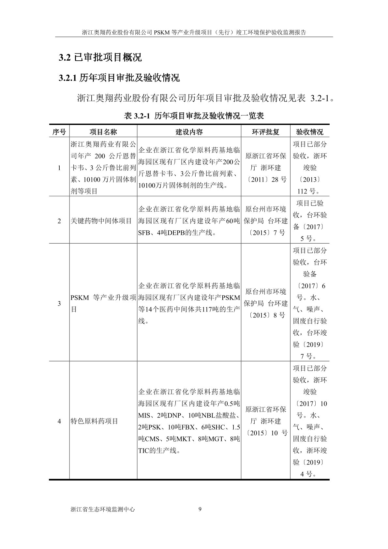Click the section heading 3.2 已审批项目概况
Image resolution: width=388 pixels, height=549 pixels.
(x=100, y=57)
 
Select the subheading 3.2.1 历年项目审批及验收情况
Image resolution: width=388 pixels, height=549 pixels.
(x=119, y=78)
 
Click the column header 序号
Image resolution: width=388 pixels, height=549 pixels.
(x=59, y=132)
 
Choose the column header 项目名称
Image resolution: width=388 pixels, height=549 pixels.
(x=103, y=132)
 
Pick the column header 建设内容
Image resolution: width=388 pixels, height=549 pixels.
(x=189, y=132)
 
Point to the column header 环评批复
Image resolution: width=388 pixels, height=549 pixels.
(x=265, y=132)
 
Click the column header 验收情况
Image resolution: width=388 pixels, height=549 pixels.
(x=309, y=132)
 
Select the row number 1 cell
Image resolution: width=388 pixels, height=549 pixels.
(x=59, y=168)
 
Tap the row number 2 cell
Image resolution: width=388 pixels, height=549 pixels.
(x=59, y=221)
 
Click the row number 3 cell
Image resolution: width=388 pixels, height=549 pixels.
(x=59, y=303)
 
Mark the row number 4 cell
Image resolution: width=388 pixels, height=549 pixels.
(x=59, y=421)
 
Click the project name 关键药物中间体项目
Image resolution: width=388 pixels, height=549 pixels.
(x=101, y=221)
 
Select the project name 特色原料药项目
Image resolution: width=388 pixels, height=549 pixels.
(x=94, y=421)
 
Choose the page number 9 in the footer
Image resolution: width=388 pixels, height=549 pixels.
(x=200, y=509)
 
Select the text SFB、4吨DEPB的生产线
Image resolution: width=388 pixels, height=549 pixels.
(x=176, y=233)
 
